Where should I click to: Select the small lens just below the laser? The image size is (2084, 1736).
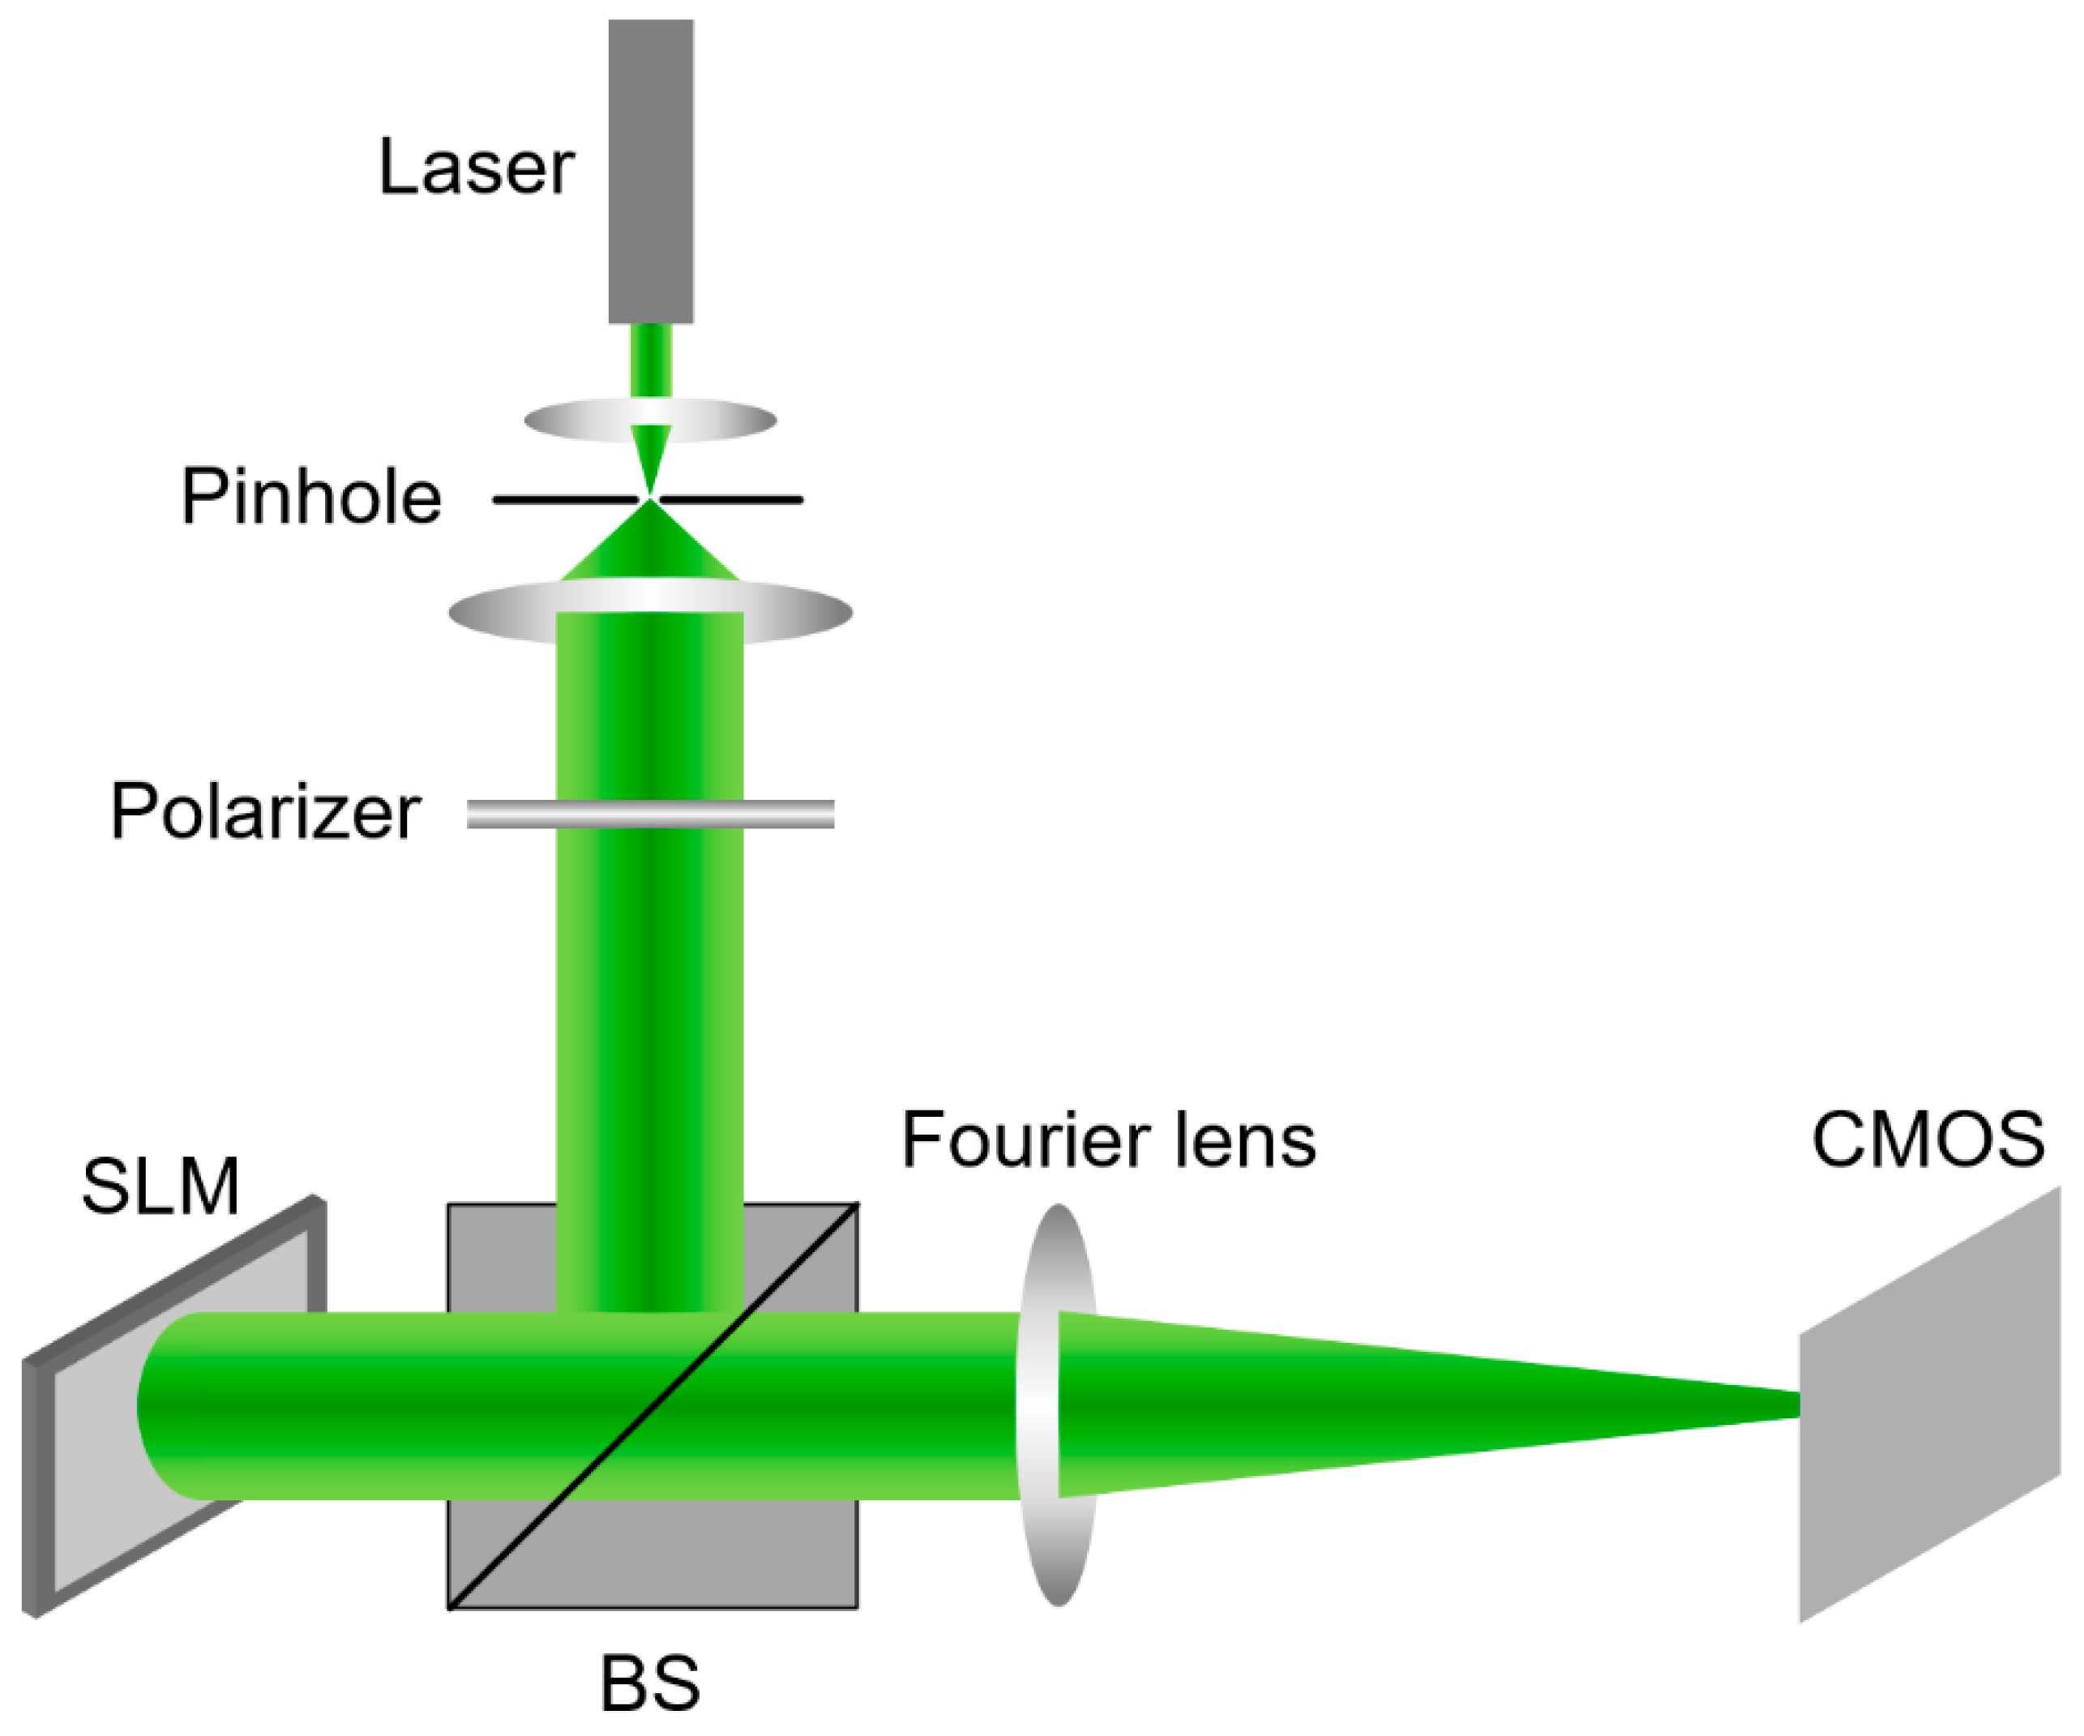(x=566, y=421)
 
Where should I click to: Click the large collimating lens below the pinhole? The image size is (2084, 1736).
(x=496, y=613)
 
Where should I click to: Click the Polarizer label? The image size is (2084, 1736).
(x=265, y=811)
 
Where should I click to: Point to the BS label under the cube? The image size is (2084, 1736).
(x=650, y=1683)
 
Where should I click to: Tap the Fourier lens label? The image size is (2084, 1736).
(x=1109, y=1141)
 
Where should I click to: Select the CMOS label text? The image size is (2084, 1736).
(x=1928, y=1139)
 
